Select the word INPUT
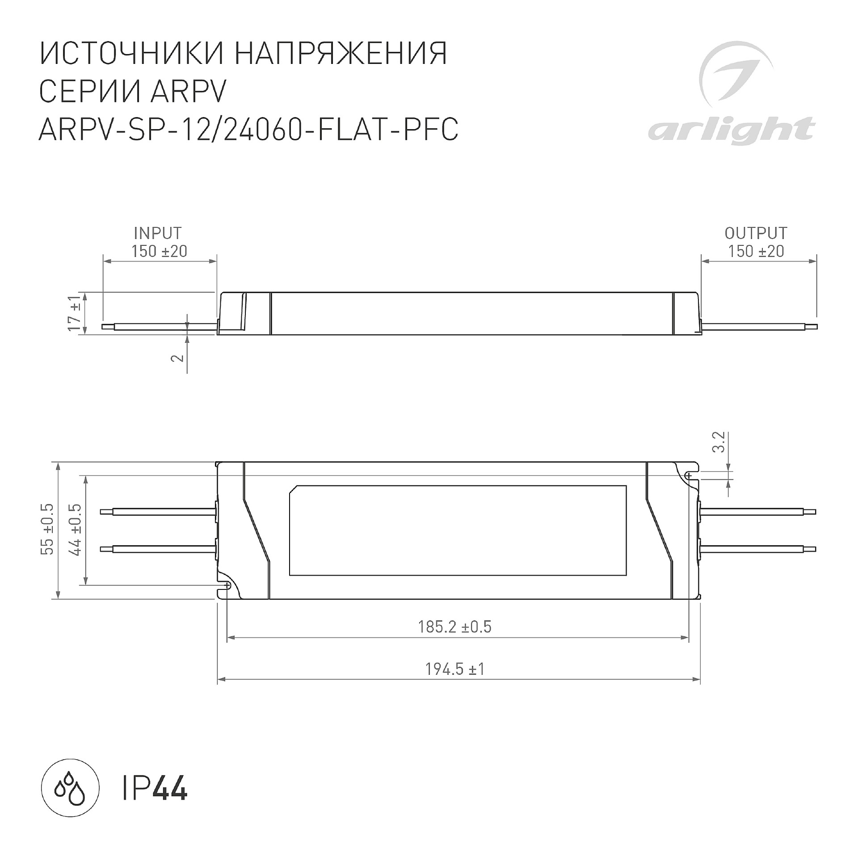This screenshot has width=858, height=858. click(x=158, y=233)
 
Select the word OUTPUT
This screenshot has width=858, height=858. click(x=756, y=233)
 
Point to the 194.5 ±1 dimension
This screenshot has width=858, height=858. click(x=455, y=669)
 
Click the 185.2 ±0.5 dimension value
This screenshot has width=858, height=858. click(x=454, y=627)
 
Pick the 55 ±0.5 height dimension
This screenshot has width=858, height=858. click(x=47, y=529)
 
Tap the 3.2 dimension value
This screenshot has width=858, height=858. click(x=719, y=442)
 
